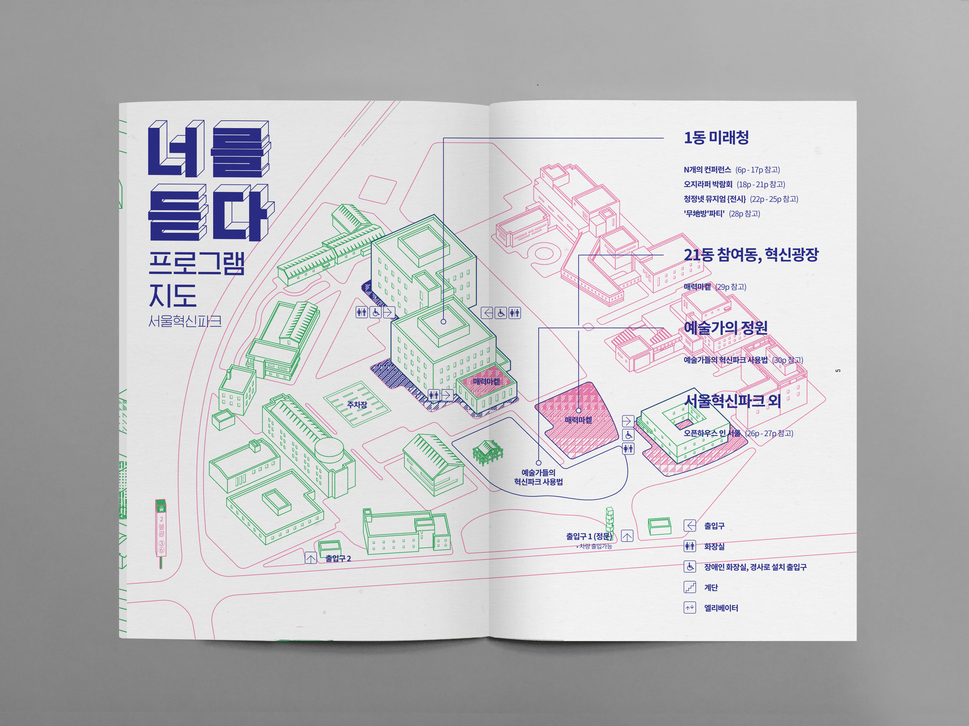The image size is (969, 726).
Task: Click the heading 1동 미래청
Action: pos(716,138)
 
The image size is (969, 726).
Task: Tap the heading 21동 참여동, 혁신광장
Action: pos(751,255)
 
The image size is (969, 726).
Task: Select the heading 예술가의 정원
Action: pos(726,327)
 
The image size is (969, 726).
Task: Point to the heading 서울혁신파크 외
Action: pos(732,400)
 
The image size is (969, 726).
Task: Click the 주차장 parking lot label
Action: pos(357,405)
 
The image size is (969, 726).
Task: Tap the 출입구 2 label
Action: pos(338,558)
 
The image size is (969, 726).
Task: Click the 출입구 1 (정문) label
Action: pos(589,536)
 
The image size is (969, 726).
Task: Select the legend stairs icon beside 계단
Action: pos(690,587)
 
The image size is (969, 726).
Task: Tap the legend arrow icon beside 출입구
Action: pos(690,526)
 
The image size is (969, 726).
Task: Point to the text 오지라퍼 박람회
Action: pos(708,184)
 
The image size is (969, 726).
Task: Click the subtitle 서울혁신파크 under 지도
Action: pos(185,321)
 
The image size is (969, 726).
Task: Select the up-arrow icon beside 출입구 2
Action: pos(311,558)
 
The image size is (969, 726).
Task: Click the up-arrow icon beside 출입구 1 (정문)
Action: pos(627,536)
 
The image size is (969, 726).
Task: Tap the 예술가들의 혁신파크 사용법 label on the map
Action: pos(538,477)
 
